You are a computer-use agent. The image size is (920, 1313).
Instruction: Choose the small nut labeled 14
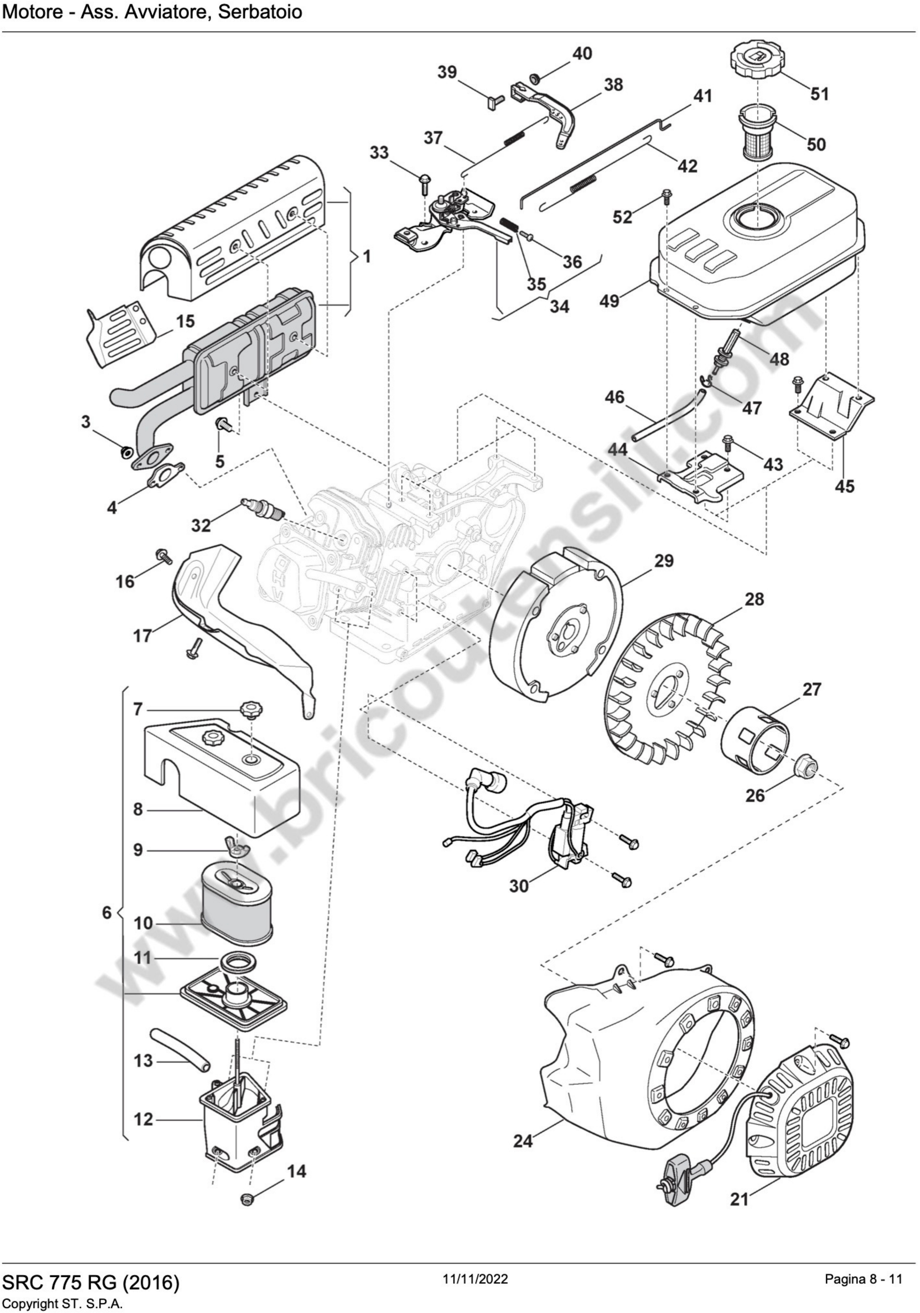[248, 1197]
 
